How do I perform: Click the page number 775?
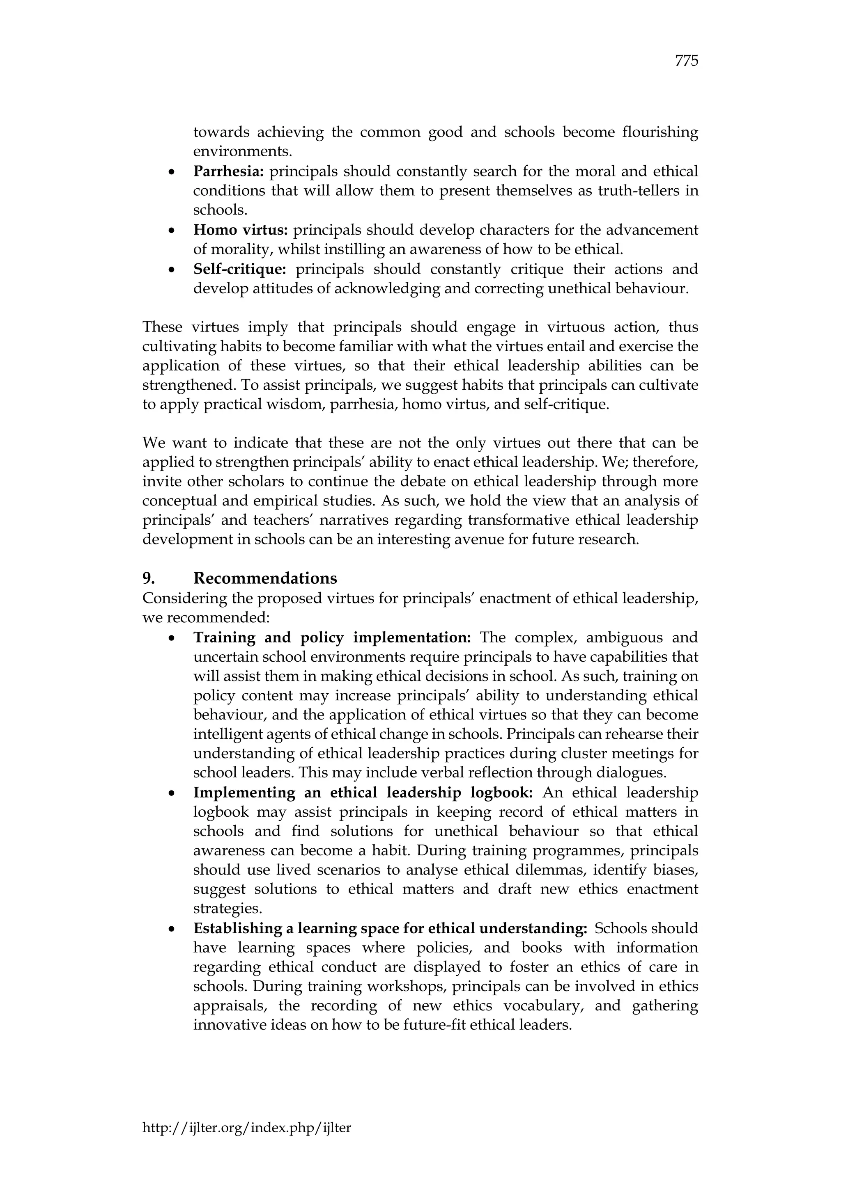point(687,61)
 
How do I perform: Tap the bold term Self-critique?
point(240,269)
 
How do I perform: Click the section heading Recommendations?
point(265,578)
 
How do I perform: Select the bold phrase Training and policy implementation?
point(332,637)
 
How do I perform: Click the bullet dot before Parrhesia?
point(171,172)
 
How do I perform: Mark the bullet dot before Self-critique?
point(171,270)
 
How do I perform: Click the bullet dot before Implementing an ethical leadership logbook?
point(171,794)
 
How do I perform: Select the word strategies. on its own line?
point(227,909)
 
